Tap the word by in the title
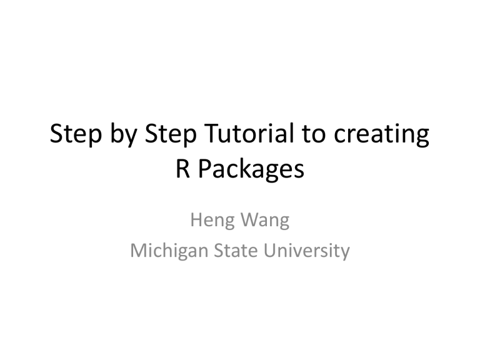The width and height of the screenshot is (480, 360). pos(123,134)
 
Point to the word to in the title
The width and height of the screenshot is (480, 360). pos(313,134)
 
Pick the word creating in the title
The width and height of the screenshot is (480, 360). pos(381,135)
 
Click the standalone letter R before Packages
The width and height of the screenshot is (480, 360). pos(182,168)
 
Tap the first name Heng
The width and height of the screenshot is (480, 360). pos(212,221)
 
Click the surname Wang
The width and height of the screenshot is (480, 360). pos(265,221)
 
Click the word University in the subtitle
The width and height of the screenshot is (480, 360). pos(306,251)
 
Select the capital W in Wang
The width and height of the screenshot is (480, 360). pos(251,219)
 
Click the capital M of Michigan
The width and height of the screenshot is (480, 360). pos(138,250)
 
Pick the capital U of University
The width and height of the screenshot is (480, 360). pos(270,250)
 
